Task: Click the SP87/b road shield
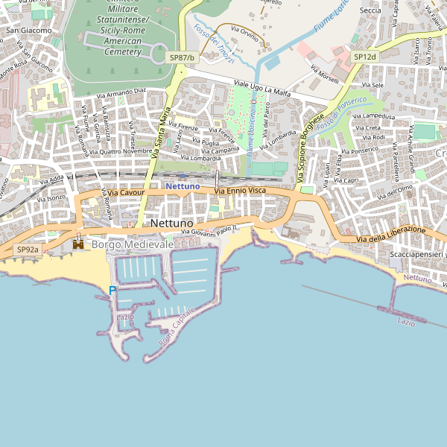click(x=182, y=57)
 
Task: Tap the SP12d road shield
click(x=365, y=57)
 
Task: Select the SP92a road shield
click(x=28, y=250)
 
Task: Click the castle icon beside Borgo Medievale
click(x=78, y=244)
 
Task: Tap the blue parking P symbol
click(x=112, y=290)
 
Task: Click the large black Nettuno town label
click(x=171, y=223)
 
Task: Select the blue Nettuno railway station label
click(x=183, y=186)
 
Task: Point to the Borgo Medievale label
click(x=133, y=244)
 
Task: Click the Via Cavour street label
click(x=125, y=192)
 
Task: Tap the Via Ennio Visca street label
click(x=240, y=191)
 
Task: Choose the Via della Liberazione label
click(x=390, y=234)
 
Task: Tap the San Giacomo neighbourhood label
click(x=29, y=31)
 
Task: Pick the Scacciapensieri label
click(x=416, y=255)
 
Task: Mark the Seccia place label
click(x=370, y=11)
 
